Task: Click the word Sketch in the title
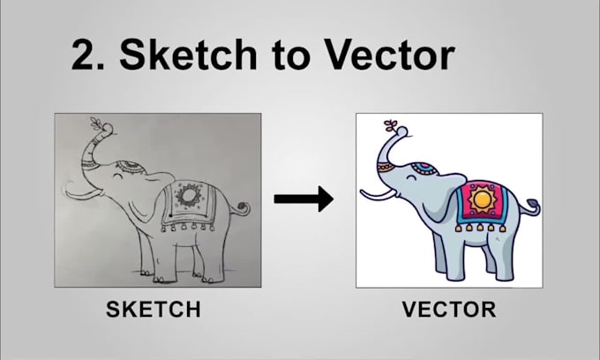pos(182,55)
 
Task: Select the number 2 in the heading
pos(86,55)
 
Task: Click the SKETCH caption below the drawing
pos(154,310)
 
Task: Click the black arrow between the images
pos(303,199)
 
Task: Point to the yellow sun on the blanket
pos(483,201)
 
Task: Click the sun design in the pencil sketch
pos(187,195)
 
